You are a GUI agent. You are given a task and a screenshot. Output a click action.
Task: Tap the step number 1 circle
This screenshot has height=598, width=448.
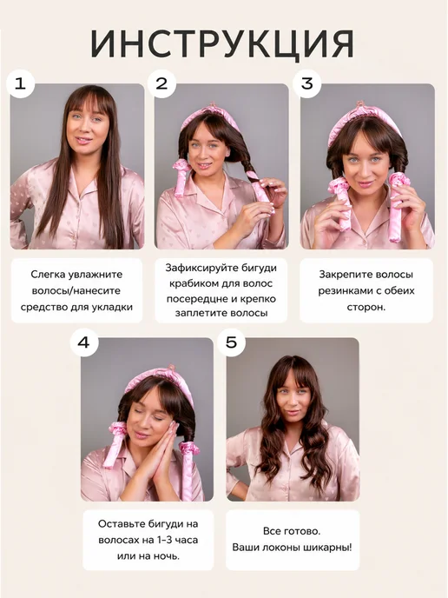[20, 83]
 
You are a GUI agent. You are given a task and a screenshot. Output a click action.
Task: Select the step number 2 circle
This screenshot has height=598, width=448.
[161, 83]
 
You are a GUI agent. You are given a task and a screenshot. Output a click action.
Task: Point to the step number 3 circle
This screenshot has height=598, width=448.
[306, 83]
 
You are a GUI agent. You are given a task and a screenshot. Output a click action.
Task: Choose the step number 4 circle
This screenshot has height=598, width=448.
[84, 342]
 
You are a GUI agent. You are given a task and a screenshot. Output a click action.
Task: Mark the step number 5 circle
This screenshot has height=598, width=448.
[232, 342]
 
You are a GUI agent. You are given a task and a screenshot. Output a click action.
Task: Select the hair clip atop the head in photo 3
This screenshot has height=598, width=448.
[359, 104]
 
